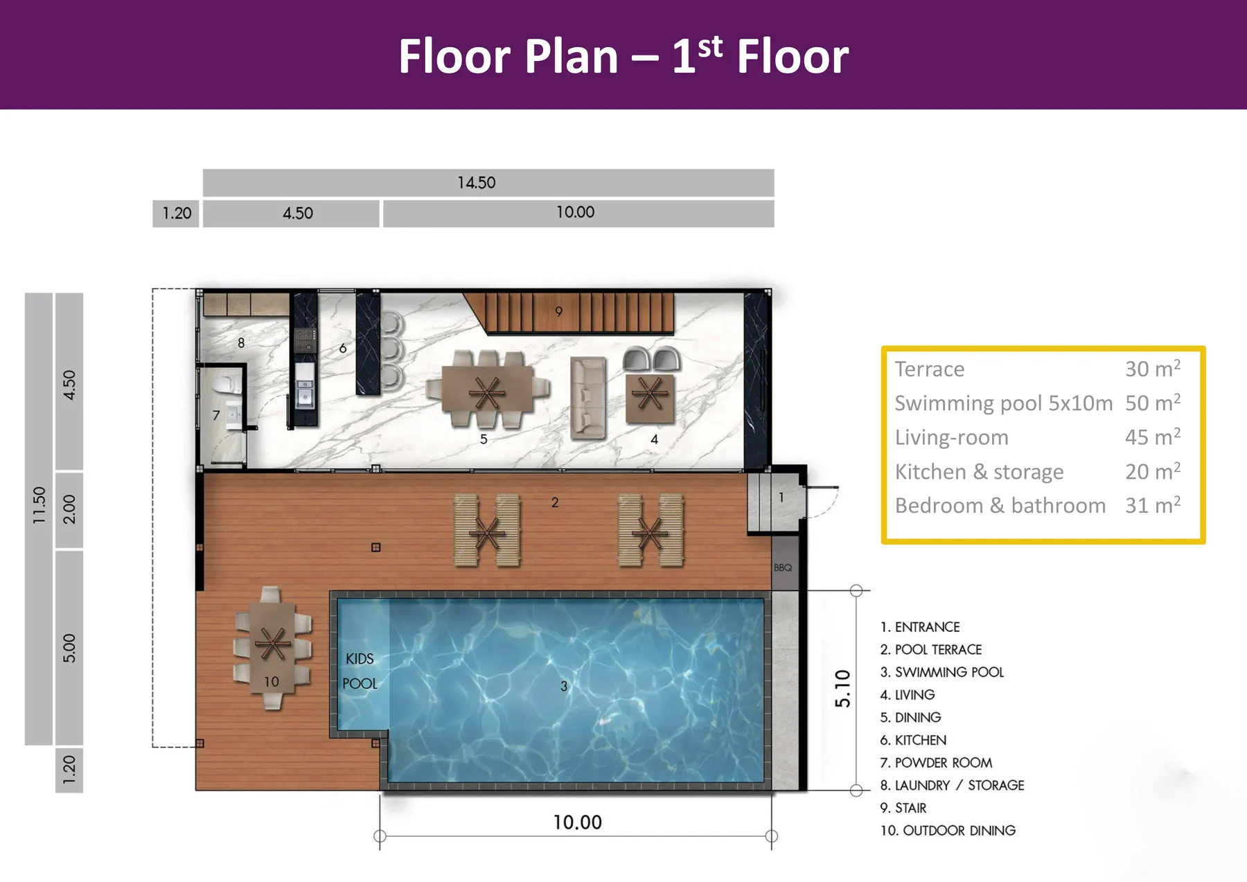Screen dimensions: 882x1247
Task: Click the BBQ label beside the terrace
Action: (x=783, y=567)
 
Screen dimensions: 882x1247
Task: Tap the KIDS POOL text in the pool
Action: (x=360, y=671)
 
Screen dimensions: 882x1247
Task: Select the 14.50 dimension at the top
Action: (x=477, y=182)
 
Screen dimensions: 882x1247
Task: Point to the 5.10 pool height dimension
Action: (x=842, y=689)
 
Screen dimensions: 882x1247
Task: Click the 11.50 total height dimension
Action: (x=39, y=504)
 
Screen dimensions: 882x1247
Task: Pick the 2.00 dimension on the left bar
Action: (x=69, y=509)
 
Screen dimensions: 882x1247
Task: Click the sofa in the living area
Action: (x=588, y=398)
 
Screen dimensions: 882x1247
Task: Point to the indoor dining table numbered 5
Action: (x=487, y=392)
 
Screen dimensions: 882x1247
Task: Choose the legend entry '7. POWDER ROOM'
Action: (x=936, y=763)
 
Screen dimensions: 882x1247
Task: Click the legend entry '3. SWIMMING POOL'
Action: (x=941, y=672)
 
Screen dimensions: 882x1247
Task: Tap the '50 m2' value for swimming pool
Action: (x=1152, y=403)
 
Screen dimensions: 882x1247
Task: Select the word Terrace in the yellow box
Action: (x=929, y=369)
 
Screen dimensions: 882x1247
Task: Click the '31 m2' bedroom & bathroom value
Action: (x=1152, y=505)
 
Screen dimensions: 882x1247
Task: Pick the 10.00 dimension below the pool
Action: (x=577, y=822)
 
